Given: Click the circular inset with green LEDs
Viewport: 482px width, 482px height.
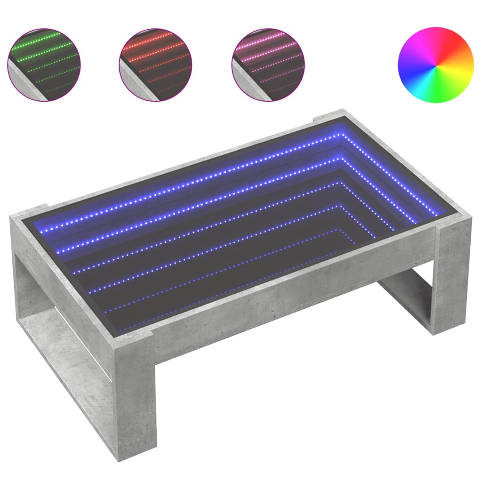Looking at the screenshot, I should [44, 64].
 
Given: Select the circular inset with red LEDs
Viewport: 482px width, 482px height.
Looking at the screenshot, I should [156, 64].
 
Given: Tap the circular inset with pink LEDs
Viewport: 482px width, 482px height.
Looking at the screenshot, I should [268, 64].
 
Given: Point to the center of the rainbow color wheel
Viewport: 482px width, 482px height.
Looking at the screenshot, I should [435, 65].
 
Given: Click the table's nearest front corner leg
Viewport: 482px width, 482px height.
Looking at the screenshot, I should [134, 400].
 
